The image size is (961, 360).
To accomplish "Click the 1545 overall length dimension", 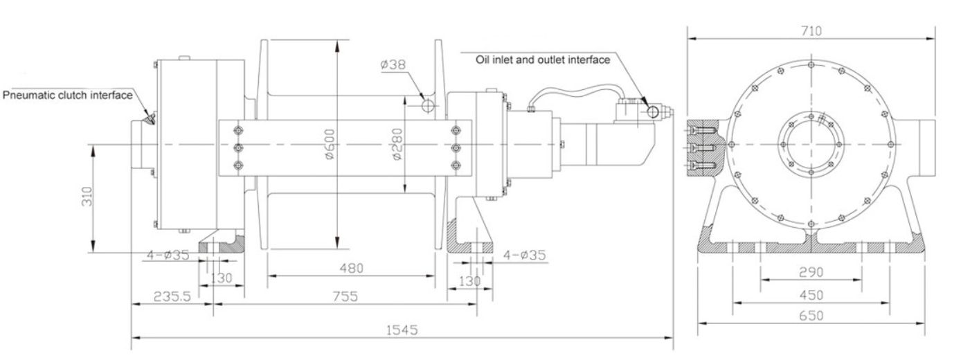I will click(x=402, y=330).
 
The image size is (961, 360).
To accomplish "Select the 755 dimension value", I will click(x=344, y=296).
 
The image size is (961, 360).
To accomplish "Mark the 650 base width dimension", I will click(x=810, y=315).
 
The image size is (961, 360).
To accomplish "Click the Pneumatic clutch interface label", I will click(x=68, y=95).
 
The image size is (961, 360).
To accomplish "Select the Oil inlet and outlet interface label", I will click(x=542, y=60).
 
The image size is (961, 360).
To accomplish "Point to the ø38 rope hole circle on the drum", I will click(x=428, y=105).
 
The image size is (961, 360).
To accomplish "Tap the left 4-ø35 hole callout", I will click(x=168, y=254).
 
